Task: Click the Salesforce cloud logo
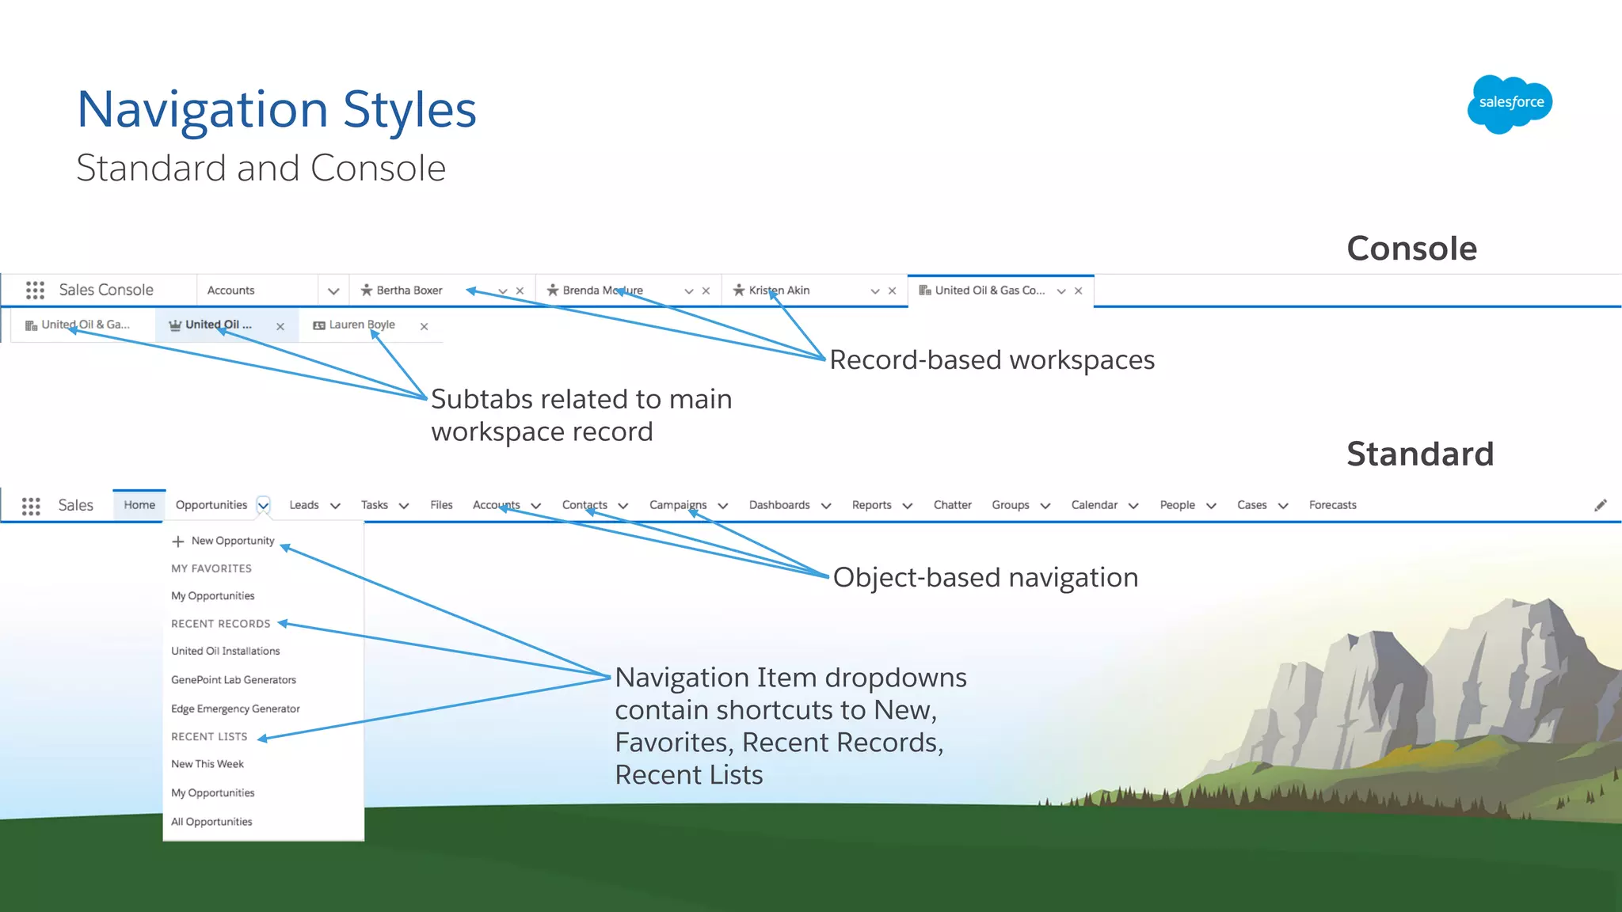1510,104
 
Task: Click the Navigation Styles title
276,109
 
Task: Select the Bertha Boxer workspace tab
409,291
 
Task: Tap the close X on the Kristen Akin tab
892,291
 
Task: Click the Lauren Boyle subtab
361,325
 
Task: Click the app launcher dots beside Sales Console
35,291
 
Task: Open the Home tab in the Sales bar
139,505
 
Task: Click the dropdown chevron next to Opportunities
264,505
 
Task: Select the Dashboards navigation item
779,505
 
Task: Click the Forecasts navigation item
1332,505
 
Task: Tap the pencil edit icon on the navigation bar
1600,505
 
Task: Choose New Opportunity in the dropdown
232,541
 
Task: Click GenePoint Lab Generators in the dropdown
234,680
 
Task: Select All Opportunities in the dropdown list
211,822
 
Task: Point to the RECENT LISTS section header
209,736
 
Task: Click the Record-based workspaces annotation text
992,360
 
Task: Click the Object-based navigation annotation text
985,578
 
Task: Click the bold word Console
1411,249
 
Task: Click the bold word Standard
1419,454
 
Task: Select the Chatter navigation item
952,505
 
